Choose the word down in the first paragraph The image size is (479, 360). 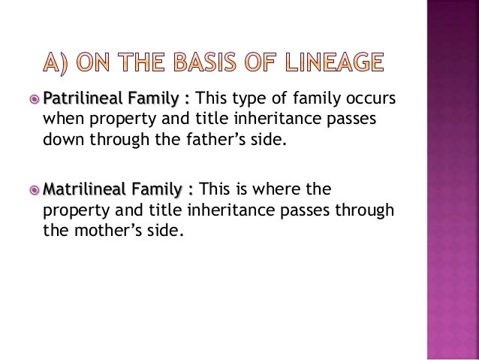pos(62,140)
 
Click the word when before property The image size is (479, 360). pos(63,120)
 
